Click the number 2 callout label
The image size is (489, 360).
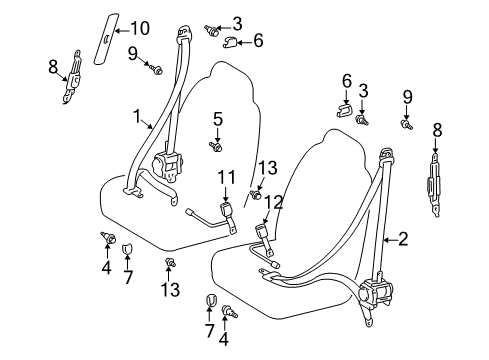click(403, 239)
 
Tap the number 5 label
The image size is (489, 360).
click(216, 119)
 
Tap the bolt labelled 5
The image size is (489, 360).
click(215, 147)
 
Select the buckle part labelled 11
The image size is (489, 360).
click(223, 212)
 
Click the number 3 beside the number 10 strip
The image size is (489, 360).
click(237, 22)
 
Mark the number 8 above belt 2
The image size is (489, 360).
click(436, 128)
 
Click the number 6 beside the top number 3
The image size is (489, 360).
click(258, 41)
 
